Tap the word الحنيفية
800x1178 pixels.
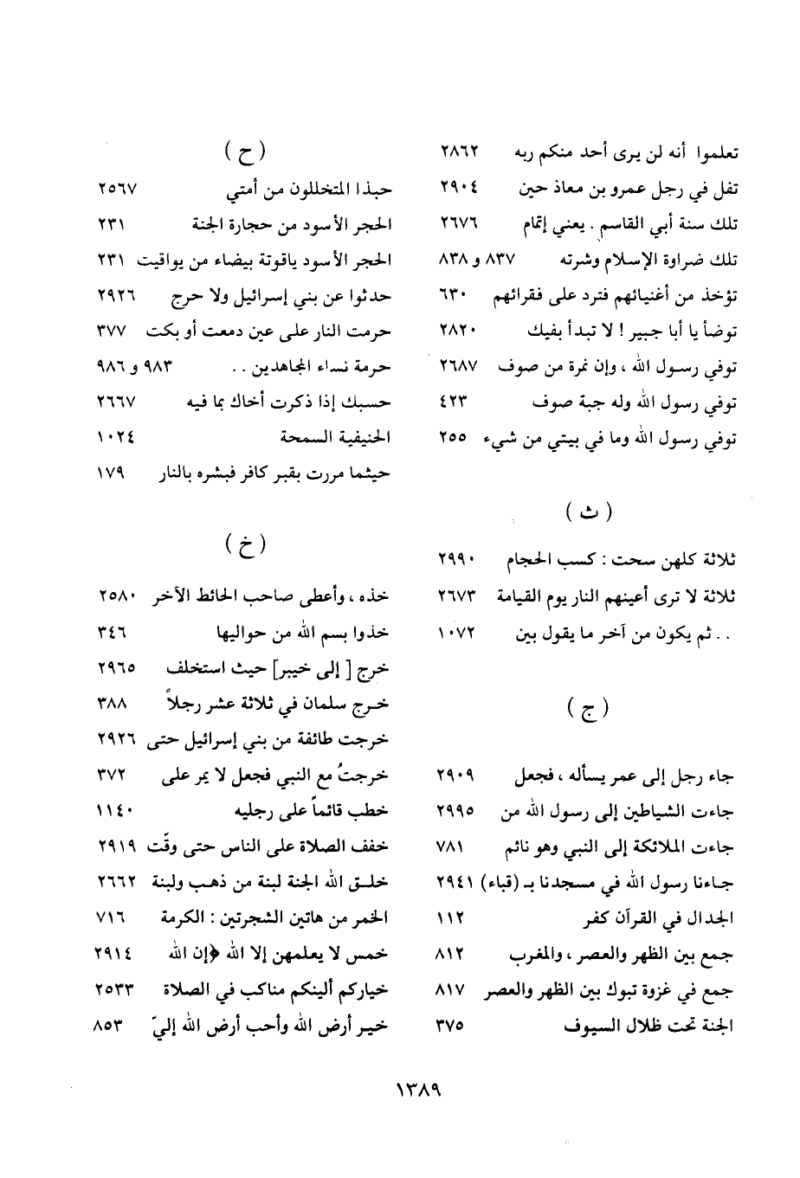[358, 439]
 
